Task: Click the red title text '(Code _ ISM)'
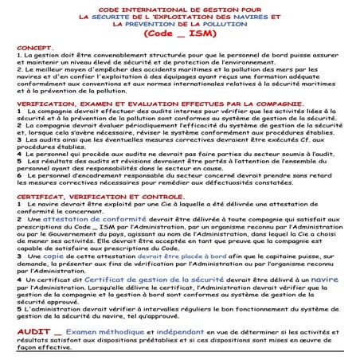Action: coord(181,34)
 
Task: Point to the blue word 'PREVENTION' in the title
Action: coord(155,23)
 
